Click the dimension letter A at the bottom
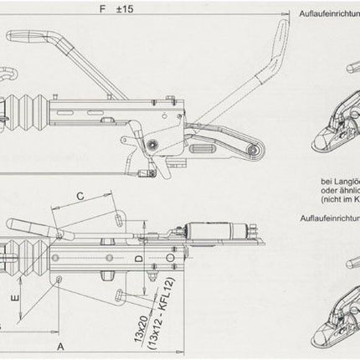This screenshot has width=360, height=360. tap(61, 343)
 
